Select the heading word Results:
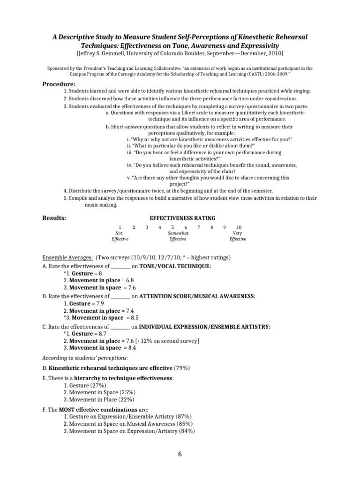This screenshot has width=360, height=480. (x=54, y=218)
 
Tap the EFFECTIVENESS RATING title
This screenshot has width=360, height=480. (x=182, y=218)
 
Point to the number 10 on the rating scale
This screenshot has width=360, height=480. (x=239, y=227)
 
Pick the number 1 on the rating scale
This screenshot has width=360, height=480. (x=120, y=227)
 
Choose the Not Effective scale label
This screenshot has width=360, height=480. (x=120, y=236)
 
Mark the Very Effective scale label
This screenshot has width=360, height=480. (x=238, y=236)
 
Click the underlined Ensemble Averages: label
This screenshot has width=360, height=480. (x=67, y=258)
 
